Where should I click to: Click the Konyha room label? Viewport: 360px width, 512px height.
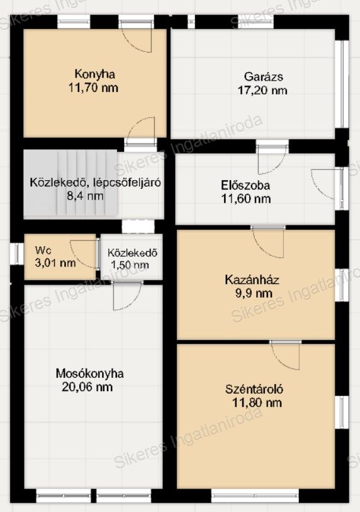pos(94,74)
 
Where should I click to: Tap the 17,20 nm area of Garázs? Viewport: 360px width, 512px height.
pos(262,91)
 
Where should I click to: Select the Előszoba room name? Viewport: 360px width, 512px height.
pos(245,186)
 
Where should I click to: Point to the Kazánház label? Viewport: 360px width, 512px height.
pos(252,280)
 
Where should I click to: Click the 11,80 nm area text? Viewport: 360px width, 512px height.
pos(257,402)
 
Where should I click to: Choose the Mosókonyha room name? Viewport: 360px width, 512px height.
pos(90,373)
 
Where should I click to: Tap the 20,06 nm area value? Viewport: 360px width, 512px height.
pos(87,387)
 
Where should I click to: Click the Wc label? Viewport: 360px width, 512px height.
pos(43,251)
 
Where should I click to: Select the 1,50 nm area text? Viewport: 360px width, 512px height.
pos(130,265)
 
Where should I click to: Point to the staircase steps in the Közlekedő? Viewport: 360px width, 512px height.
pos(87,183)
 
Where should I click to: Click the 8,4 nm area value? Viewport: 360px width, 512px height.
pos(85,196)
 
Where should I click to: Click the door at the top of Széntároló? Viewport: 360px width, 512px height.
pos(286,355)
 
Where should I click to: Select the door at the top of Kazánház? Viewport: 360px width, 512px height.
pos(268,241)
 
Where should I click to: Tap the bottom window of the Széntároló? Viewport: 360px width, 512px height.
pos(255,495)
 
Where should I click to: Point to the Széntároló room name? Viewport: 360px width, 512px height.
pos(254,389)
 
